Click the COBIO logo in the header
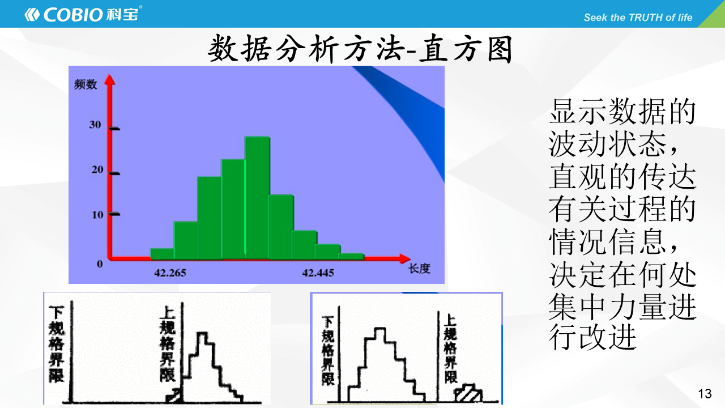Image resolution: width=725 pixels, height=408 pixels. [x=83, y=14]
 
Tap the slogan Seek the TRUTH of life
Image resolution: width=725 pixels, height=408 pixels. [x=638, y=18]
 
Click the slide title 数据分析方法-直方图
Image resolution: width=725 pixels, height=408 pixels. [x=360, y=49]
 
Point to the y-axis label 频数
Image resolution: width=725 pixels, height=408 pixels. [x=86, y=84]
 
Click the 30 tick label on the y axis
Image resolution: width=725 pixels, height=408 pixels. [x=95, y=125]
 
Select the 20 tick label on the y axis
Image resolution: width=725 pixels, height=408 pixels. [x=97, y=169]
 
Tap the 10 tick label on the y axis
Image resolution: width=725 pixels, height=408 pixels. [x=97, y=215]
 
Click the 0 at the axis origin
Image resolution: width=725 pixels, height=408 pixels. [x=100, y=264]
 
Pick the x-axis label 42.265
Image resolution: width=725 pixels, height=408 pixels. [x=170, y=273]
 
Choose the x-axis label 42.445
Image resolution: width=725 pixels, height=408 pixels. [x=318, y=273]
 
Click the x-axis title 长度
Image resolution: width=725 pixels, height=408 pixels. [x=420, y=269]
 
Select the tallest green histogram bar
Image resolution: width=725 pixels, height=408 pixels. [x=257, y=198]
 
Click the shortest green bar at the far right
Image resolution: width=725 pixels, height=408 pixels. [x=352, y=257]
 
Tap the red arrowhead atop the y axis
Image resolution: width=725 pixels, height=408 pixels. [x=110, y=80]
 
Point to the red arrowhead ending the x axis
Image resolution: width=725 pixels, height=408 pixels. [x=405, y=259]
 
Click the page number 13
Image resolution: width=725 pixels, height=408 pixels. [x=705, y=394]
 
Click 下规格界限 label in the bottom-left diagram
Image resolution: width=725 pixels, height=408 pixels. [x=56, y=344]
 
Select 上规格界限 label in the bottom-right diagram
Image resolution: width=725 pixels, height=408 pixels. [x=450, y=349]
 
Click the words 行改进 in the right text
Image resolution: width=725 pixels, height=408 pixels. [x=592, y=338]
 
